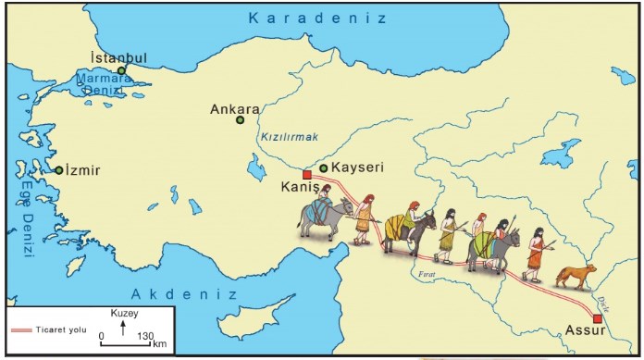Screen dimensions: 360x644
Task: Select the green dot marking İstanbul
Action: click(120, 70)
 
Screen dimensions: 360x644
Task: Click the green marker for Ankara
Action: click(241, 119)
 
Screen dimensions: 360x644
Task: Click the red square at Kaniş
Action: click(307, 174)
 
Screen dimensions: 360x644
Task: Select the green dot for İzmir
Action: click(58, 170)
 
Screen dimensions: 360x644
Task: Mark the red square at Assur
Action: click(598, 318)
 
